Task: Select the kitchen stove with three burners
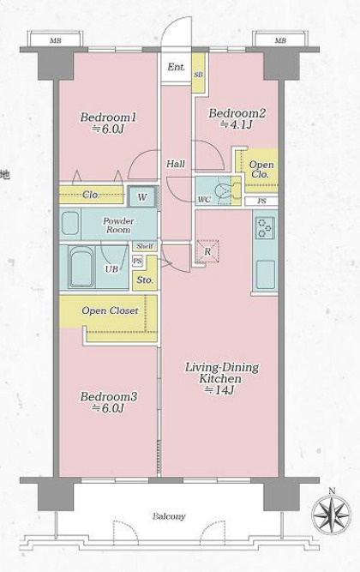coord(265,227)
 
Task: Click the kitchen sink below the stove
coord(265,274)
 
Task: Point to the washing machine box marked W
coord(142,197)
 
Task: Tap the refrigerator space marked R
coord(207,251)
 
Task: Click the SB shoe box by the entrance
coord(198,74)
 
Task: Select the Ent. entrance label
coord(177,67)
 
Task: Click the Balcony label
coord(169,516)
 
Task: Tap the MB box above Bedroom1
coord(56,39)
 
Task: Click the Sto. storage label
coord(145,280)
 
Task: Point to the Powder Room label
coord(118,225)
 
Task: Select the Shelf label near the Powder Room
coord(145,246)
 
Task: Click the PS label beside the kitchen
coord(261,201)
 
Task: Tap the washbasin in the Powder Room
coord(69,222)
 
